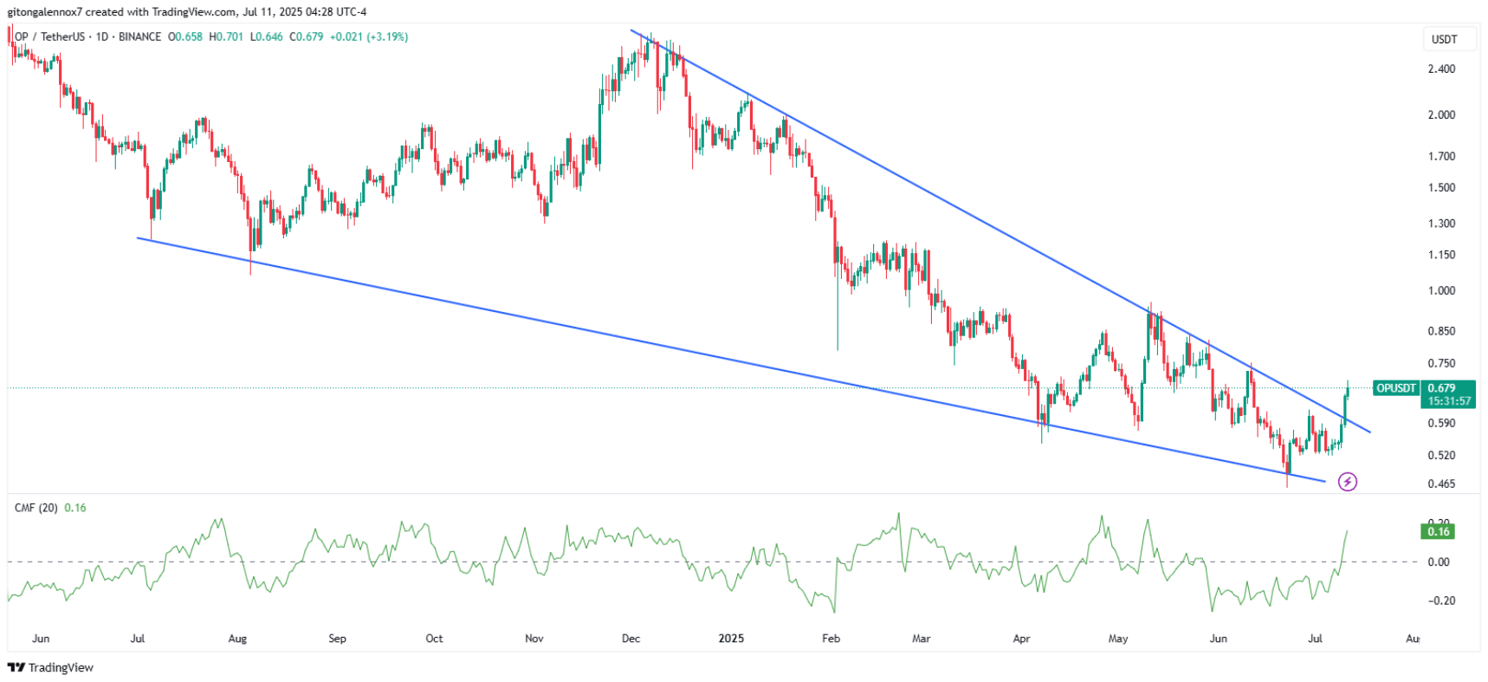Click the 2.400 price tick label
click(1441, 68)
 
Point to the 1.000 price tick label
click(1441, 290)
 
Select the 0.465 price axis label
click(1441, 484)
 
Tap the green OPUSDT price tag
click(1395, 388)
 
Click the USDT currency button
click(1444, 39)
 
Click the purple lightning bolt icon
click(1348, 482)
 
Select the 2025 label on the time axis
click(731, 639)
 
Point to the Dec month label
click(631, 639)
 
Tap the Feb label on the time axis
click(831, 639)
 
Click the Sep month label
click(337, 639)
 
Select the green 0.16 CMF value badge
click(1438, 531)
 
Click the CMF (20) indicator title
click(36, 508)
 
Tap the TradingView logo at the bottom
click(50, 667)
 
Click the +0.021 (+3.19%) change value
click(369, 36)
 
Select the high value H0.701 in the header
click(226, 36)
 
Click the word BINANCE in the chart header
click(139, 36)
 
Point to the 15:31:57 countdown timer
click(1449, 401)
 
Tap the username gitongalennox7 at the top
click(44, 12)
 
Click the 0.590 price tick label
click(1441, 423)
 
